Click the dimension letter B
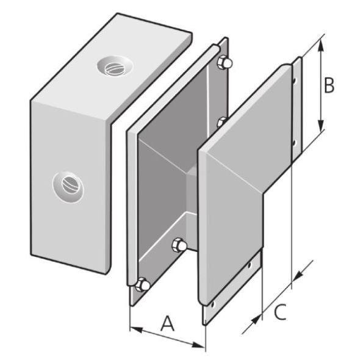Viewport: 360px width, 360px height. (x=328, y=86)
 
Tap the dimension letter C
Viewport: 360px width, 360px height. (x=279, y=312)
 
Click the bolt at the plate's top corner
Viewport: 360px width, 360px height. (x=224, y=62)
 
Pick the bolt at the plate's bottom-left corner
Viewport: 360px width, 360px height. (x=143, y=284)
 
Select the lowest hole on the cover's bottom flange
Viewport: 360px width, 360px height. (x=213, y=303)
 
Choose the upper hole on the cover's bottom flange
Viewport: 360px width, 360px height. (x=250, y=265)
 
